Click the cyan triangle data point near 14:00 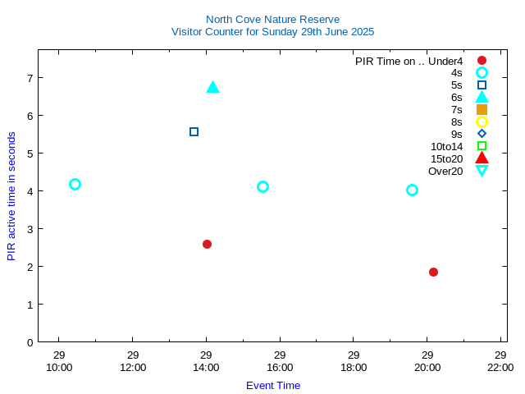(x=212, y=87)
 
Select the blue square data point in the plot (x=194, y=131)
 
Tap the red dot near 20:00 (x=433, y=272)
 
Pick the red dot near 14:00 (x=207, y=244)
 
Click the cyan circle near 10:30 (x=75, y=184)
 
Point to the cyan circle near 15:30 (x=262, y=186)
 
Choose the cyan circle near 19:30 (x=412, y=190)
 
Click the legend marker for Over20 (x=482, y=171)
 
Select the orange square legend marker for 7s (x=482, y=109)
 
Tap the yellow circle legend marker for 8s (x=482, y=121)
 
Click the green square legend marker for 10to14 (x=482, y=146)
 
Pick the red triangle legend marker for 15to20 (x=482, y=158)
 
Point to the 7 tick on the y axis (x=29, y=78)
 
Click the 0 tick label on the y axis (x=29, y=342)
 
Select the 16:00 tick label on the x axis (x=280, y=367)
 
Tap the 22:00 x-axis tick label (x=500, y=367)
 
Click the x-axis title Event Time (x=273, y=385)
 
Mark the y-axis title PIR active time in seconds (x=11, y=196)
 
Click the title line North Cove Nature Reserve (x=272, y=19)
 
